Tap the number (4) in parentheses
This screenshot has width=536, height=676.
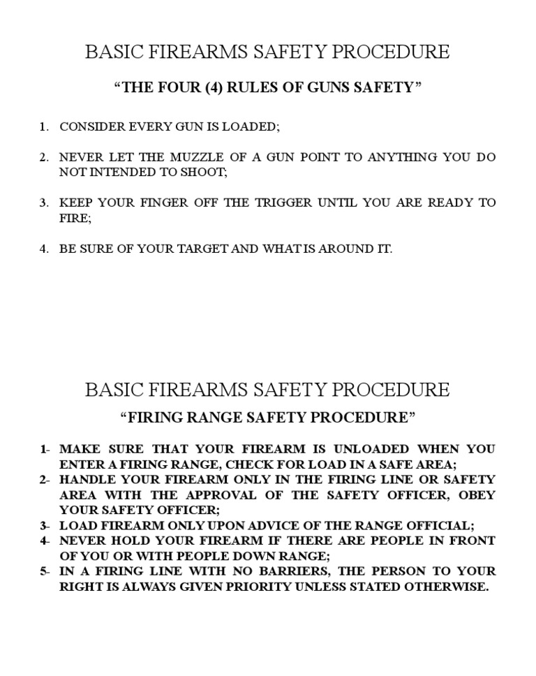[x=214, y=88]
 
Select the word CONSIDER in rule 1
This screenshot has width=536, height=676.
[x=88, y=127]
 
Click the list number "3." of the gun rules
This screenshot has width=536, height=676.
[x=44, y=203]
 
